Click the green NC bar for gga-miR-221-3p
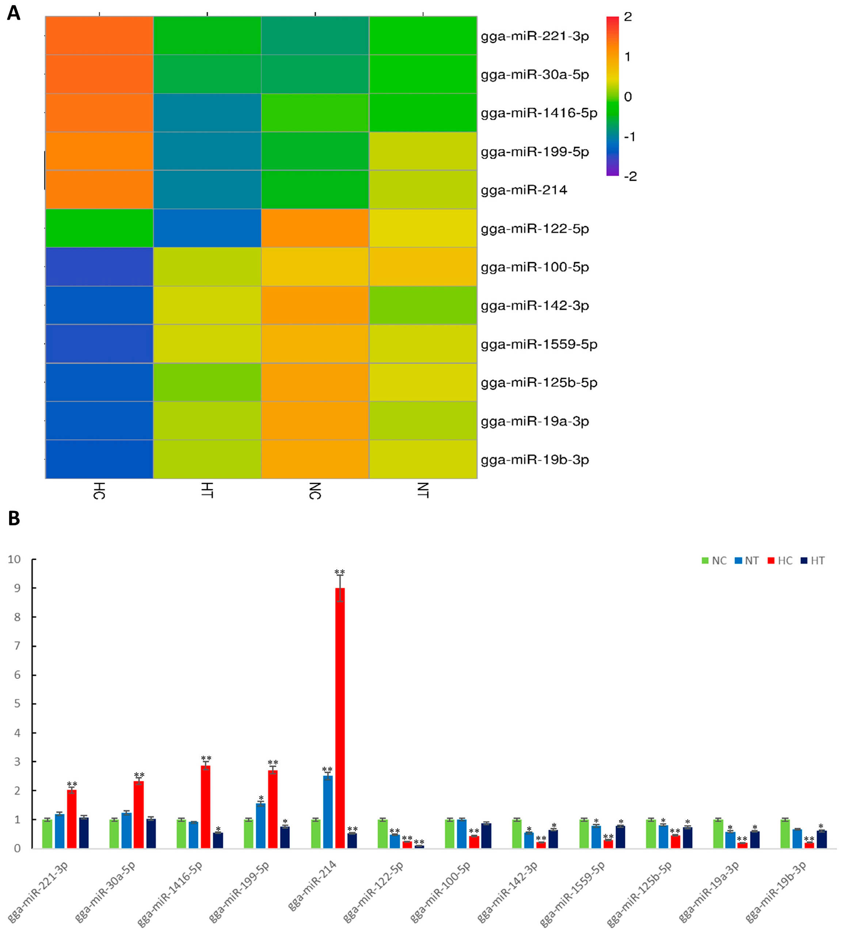pyautogui.click(x=47, y=834)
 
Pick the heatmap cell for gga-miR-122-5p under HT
pyautogui.click(x=207, y=228)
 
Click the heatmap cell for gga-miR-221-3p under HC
pyautogui.click(x=99, y=35)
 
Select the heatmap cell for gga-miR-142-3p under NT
pyautogui.click(x=423, y=305)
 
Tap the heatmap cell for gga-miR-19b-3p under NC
pyautogui.click(x=315, y=459)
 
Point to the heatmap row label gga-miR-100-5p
pyautogui.click(x=534, y=267)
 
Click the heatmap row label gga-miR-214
pyautogui.click(x=524, y=190)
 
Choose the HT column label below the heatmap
pyautogui.click(x=207, y=490)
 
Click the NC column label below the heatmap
pyautogui.click(x=315, y=490)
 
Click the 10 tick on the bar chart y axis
pyautogui.click(x=14, y=560)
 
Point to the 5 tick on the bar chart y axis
pyautogui.click(x=17, y=704)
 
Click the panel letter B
pyautogui.click(x=14, y=518)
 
